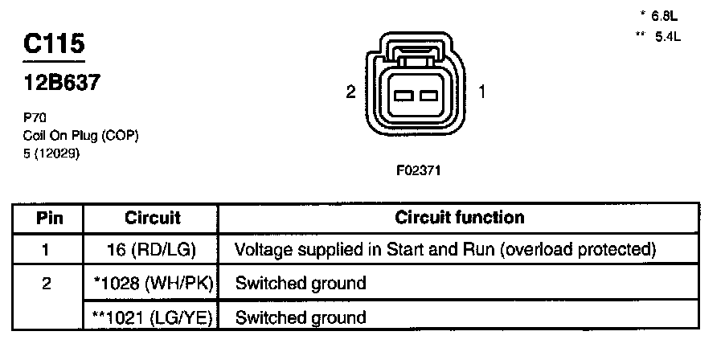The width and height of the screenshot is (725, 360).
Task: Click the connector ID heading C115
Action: [x=54, y=45]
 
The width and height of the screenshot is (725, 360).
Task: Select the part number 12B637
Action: [x=62, y=83]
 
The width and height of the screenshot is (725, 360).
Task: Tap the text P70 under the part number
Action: [x=35, y=117]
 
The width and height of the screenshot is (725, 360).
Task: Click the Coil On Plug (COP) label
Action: [x=81, y=136]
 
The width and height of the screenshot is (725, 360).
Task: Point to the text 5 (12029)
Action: [x=53, y=154]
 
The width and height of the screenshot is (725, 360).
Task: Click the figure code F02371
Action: [x=418, y=171]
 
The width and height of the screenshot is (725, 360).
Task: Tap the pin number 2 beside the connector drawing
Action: [x=350, y=92]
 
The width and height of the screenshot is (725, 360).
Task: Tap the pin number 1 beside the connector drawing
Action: [x=481, y=92]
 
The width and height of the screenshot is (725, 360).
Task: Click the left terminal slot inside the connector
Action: [x=404, y=96]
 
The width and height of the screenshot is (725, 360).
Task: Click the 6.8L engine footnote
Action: [x=662, y=15]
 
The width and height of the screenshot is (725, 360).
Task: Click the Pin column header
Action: [x=49, y=218]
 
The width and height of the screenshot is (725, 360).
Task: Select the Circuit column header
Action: [x=153, y=218]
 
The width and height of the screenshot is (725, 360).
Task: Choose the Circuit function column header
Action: [x=459, y=218]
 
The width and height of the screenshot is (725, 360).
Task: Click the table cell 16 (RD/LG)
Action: [x=152, y=250]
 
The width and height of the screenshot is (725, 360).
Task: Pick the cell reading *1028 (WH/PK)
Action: [x=152, y=283]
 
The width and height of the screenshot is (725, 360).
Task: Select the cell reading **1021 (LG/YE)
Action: [x=152, y=317]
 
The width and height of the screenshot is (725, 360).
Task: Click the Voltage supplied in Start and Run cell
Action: [x=444, y=250]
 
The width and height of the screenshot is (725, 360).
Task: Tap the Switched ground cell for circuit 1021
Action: [x=301, y=317]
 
